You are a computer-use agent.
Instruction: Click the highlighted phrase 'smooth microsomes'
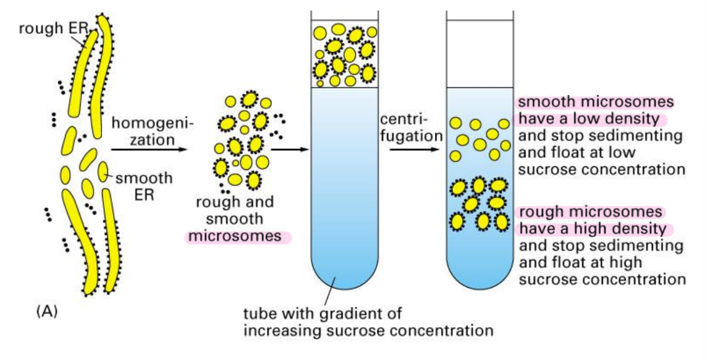(x=596, y=103)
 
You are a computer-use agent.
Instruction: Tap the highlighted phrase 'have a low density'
(x=589, y=119)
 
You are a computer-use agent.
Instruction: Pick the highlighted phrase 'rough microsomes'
(x=590, y=212)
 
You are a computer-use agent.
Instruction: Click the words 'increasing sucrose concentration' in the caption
(x=368, y=330)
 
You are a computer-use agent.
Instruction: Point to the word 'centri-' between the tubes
(x=403, y=120)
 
